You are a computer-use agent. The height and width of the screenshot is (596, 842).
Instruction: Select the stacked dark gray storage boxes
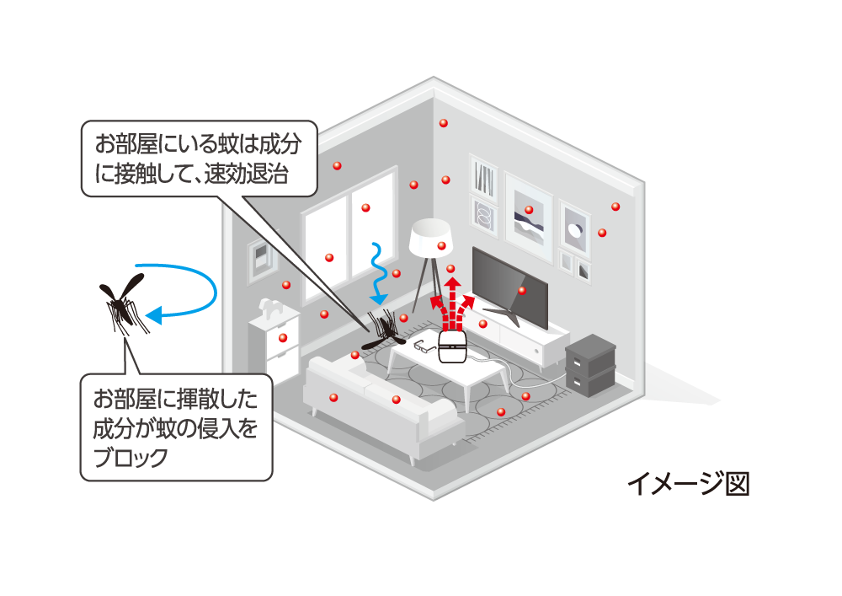tap(592, 363)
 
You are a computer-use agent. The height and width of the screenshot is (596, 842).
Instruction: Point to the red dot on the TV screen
tap(522, 291)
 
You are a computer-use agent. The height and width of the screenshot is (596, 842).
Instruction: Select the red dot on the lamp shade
tap(441, 245)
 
